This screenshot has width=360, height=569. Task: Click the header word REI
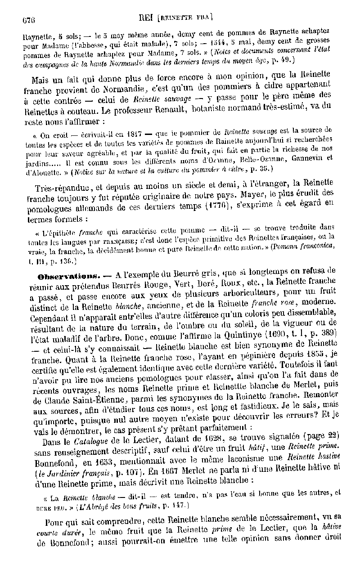point(146,18)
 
